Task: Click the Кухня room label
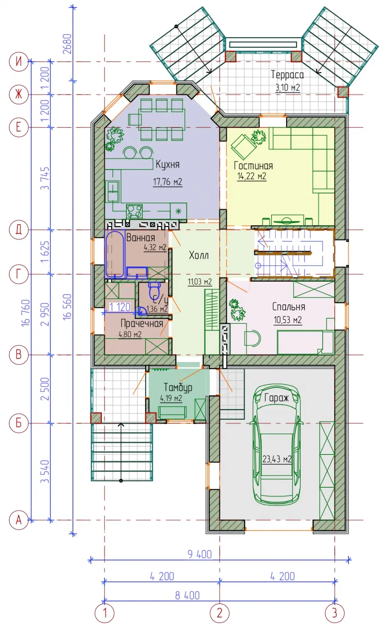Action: point(168,164)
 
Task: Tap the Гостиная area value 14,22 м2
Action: point(252,176)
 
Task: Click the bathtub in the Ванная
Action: point(115,254)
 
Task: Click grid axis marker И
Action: point(19,61)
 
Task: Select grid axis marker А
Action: point(19,520)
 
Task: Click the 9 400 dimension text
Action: point(200,554)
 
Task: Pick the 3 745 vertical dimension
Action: point(45,178)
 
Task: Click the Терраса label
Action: point(287,75)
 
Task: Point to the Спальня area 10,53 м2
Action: point(288,320)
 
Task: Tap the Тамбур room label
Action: point(178,388)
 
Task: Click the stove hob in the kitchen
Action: point(134,211)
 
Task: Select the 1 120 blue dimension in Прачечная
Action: point(120,307)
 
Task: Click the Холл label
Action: point(199,255)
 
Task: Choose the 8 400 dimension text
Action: point(187,595)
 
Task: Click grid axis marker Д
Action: point(19,229)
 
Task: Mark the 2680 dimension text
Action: point(67,44)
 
